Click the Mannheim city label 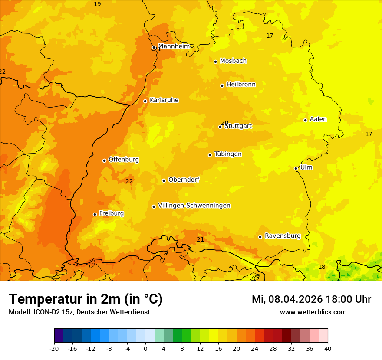(x=174, y=46)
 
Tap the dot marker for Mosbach (x=215, y=62)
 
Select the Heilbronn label (x=241, y=85)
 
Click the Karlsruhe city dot (x=145, y=101)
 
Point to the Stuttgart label (x=238, y=126)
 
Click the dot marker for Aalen (x=305, y=120)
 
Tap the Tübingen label (x=228, y=154)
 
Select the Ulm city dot (x=296, y=168)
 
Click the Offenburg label (x=124, y=160)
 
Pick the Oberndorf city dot (x=164, y=180)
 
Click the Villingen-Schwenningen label (x=194, y=206)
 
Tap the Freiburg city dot (x=95, y=214)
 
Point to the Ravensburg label (x=283, y=236)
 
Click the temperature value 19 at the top (x=97, y=4)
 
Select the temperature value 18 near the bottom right (x=322, y=267)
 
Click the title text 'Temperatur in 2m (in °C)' (x=86, y=299)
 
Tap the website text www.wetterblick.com (x=313, y=312)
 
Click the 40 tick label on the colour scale (x=328, y=348)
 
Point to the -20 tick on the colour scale (x=54, y=348)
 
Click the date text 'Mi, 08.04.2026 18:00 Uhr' (x=311, y=299)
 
